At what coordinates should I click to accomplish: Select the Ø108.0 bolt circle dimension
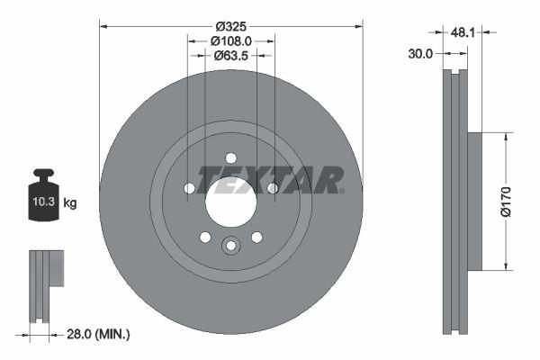pos(230,40)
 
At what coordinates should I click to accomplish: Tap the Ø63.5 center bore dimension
pos(230,56)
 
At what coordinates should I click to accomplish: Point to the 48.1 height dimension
pos(463,31)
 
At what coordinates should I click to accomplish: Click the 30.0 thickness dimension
pos(420,53)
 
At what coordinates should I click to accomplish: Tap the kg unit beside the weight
pos(70,203)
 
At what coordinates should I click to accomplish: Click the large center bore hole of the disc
pos(230,201)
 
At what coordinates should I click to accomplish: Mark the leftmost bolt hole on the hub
pos(189,188)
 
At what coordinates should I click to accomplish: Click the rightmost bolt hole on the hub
pos(272,188)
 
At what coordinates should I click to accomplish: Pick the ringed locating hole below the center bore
pos(230,246)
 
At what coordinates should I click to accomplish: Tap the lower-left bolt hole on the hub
pos(205,237)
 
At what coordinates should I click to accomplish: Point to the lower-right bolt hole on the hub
pos(256,237)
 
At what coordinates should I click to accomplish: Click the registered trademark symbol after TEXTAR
pos(342,191)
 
